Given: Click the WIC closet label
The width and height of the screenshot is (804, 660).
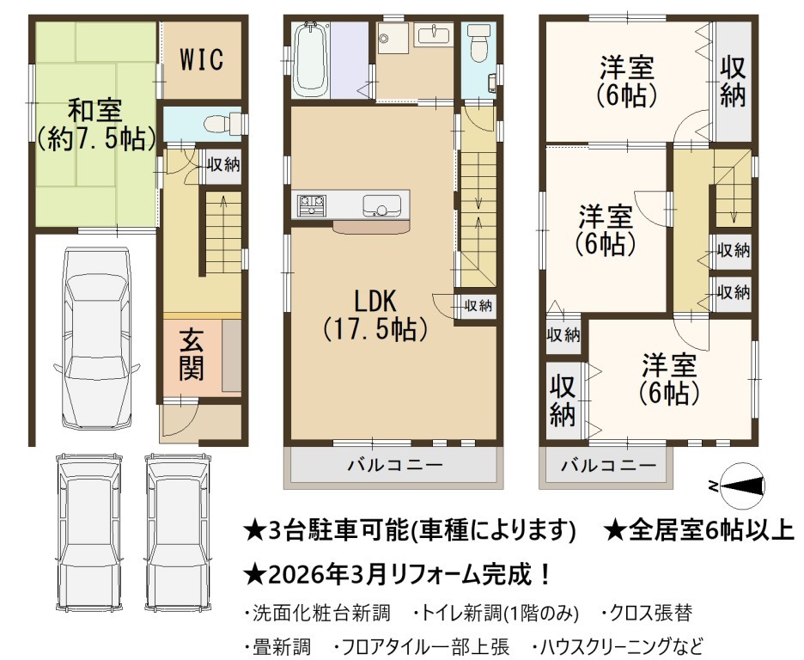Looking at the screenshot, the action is click(202, 59).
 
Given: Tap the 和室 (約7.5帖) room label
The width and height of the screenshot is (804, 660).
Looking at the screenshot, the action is click(96, 125).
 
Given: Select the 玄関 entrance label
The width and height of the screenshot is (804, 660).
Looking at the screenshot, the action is click(192, 355).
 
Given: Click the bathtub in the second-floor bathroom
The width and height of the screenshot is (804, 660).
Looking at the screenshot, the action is click(311, 59).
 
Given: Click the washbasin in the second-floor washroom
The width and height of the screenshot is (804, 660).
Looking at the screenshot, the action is click(434, 35).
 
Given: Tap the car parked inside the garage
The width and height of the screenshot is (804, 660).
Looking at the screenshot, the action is click(96, 339).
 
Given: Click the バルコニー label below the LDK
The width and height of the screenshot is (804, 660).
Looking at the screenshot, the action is click(395, 465).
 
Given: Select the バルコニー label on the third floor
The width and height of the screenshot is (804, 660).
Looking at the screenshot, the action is click(609, 466).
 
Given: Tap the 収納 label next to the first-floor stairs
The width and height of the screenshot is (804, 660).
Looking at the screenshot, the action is click(223, 165).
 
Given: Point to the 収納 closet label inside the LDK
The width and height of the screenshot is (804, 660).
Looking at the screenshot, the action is click(478, 306).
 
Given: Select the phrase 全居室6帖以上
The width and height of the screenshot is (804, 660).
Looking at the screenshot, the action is click(711, 529).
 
